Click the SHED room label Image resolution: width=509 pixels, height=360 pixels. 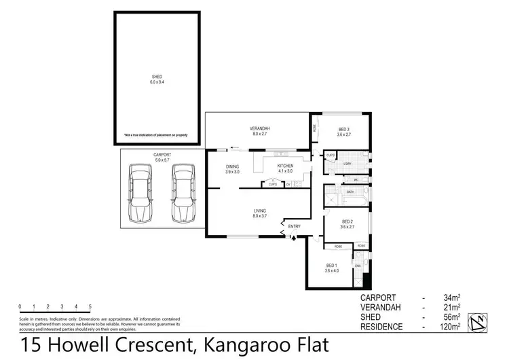tap(157, 78)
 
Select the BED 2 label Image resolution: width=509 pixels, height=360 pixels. tap(347, 221)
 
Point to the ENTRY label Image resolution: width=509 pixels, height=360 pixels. tap(294, 226)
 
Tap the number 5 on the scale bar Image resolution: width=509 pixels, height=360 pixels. tap(90, 306)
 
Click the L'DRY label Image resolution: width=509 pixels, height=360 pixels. tap(347, 164)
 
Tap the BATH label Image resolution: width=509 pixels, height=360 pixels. tap(350, 192)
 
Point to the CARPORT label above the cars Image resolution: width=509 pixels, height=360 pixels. tap(162, 155)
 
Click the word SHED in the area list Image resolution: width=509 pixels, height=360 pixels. tap(371, 317)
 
